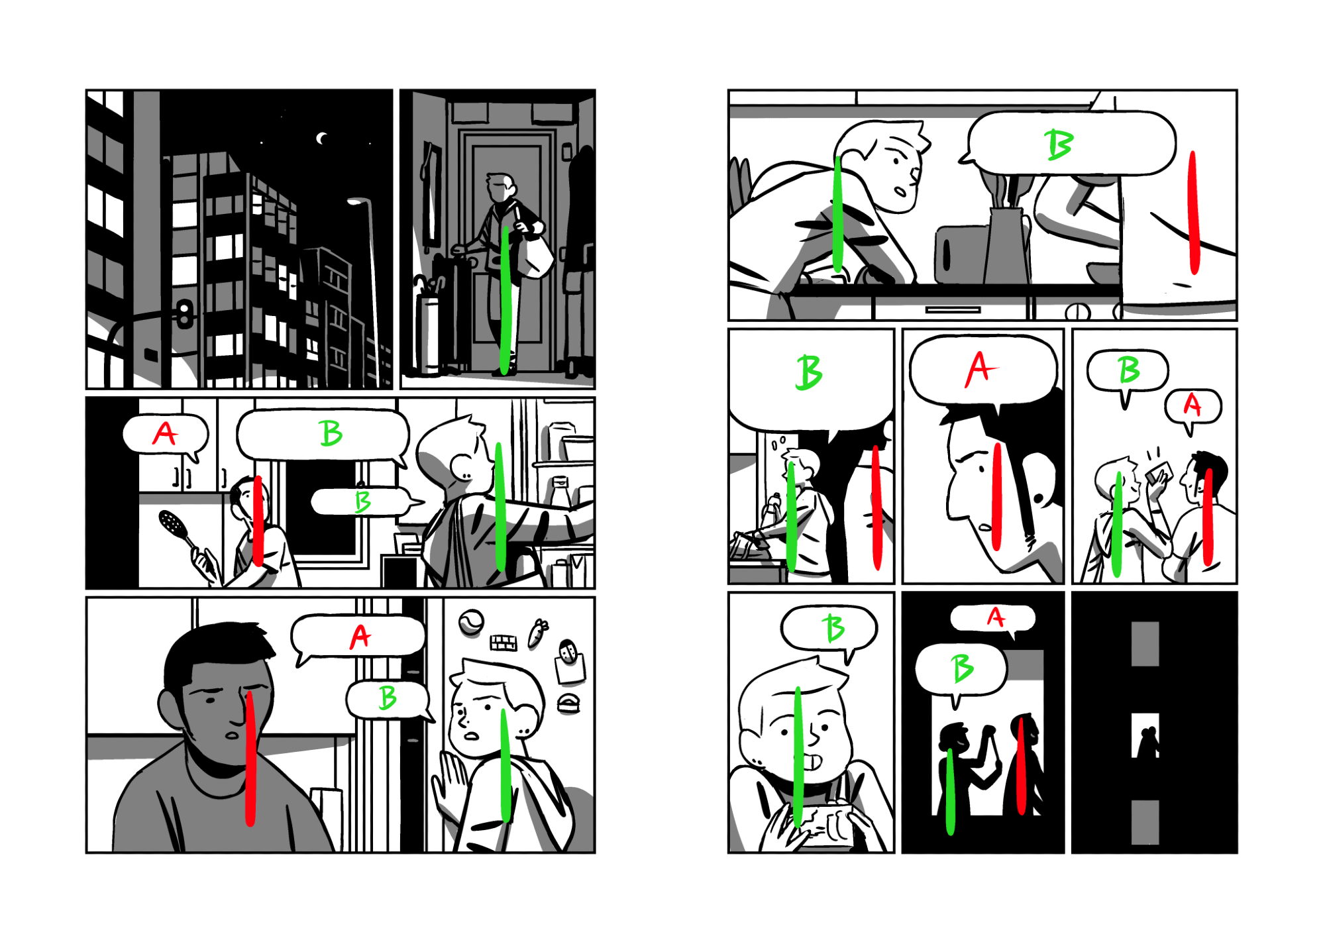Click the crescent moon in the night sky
click(322, 138)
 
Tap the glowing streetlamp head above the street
click(358, 201)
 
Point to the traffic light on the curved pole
click(185, 314)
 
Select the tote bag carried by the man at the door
click(535, 256)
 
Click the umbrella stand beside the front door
click(428, 335)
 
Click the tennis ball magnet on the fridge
click(471, 622)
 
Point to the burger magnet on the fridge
click(568, 704)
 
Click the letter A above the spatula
click(165, 434)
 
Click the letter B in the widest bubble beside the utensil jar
click(1059, 144)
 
